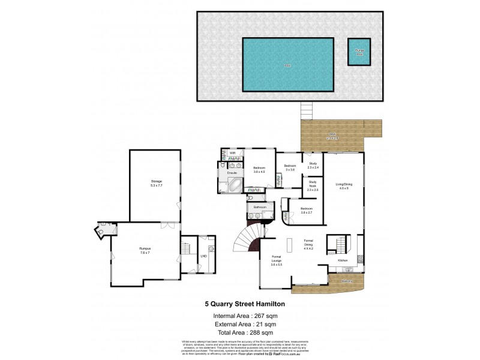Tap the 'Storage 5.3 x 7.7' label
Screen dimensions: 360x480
coord(156,184)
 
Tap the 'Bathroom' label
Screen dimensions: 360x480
coord(259,208)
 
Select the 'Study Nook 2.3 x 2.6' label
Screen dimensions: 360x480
coord(313,185)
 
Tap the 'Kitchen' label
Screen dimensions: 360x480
coord(343,261)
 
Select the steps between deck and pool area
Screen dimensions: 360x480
coord(307,110)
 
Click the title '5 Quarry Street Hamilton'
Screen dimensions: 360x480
coord(241,304)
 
